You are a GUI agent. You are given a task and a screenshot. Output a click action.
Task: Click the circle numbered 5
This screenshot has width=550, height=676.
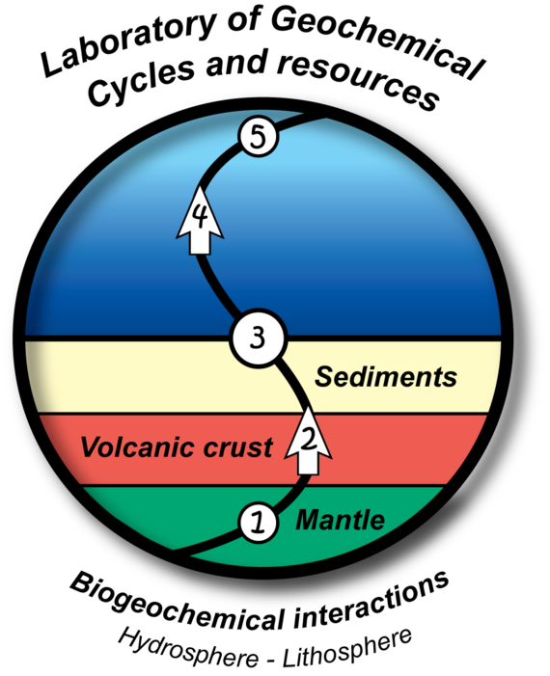258,138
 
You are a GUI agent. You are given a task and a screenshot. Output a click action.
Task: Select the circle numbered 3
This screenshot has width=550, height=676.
258,338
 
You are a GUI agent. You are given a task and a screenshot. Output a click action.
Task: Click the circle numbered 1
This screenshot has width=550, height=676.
258,523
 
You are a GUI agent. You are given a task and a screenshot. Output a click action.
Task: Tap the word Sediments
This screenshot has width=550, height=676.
386,377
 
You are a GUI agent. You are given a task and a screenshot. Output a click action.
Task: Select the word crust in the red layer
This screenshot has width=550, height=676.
237,447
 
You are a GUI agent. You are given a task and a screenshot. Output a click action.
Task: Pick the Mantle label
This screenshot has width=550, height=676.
341,520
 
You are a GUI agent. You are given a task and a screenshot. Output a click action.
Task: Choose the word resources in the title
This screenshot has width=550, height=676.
358,79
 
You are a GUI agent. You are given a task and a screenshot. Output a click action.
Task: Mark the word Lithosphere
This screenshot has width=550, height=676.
347,647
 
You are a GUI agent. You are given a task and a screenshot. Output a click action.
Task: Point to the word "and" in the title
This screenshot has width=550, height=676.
236,63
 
